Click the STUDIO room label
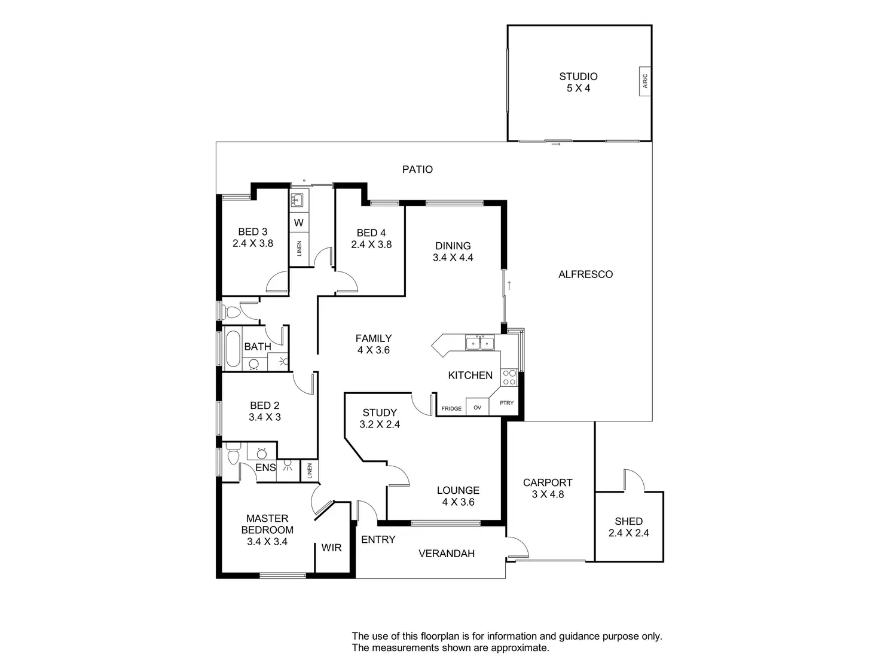(x=578, y=77)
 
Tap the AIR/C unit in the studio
(x=644, y=81)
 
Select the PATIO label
(x=417, y=169)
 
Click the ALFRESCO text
(x=585, y=274)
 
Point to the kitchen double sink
(x=480, y=343)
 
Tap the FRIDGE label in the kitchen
(x=451, y=409)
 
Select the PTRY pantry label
(x=506, y=403)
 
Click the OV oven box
(x=477, y=408)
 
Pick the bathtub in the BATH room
(x=231, y=348)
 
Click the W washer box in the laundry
(x=299, y=223)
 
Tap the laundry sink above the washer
(x=298, y=199)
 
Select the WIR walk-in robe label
(x=331, y=548)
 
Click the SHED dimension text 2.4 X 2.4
(x=628, y=533)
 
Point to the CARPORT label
(x=548, y=482)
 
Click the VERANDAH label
(x=446, y=554)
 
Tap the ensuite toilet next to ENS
(x=232, y=455)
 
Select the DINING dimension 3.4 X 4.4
(x=453, y=258)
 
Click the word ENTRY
(x=378, y=540)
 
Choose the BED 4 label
(x=371, y=233)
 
